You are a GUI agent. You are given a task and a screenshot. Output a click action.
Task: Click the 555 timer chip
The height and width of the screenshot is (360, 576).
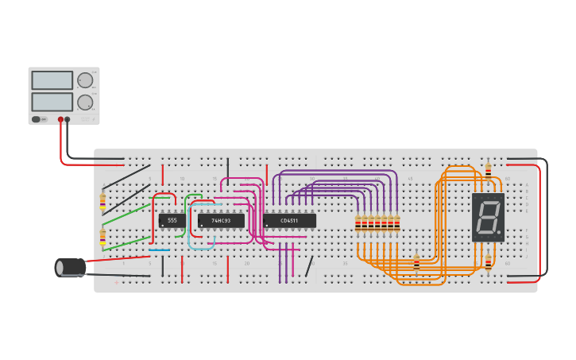[x=172, y=220]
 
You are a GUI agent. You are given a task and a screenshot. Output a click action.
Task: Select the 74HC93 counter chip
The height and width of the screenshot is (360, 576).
[x=221, y=220]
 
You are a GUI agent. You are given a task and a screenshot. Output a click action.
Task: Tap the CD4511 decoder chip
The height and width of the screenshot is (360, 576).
[x=289, y=220]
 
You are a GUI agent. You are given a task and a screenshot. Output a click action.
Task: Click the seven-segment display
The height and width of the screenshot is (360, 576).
[x=488, y=217]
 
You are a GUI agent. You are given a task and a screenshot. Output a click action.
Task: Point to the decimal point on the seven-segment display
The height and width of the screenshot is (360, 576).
[x=500, y=233]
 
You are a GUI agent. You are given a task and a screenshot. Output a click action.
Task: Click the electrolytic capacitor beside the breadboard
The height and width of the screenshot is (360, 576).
[x=71, y=267]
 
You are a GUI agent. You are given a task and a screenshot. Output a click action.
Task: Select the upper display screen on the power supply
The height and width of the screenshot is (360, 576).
[x=52, y=80]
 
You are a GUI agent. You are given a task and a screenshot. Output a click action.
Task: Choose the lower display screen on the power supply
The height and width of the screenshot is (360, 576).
[x=52, y=102]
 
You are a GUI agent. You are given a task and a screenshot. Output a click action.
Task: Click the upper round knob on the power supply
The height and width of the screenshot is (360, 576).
[x=84, y=80]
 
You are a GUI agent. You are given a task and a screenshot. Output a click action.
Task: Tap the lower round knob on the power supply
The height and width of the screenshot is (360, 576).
[x=84, y=102]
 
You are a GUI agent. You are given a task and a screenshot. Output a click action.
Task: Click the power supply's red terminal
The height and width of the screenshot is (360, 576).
[x=60, y=119]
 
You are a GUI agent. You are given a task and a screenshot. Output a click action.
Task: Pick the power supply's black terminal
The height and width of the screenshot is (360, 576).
[x=68, y=119]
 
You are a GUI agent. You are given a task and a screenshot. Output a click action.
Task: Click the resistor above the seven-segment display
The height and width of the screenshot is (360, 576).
[x=488, y=170]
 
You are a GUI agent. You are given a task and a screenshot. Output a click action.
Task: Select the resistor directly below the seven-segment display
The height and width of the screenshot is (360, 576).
[x=488, y=263]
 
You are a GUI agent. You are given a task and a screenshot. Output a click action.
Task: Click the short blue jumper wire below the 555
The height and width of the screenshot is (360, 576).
[x=159, y=250]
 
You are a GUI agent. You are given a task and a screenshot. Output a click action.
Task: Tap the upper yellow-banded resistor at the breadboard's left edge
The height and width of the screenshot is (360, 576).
[x=102, y=202]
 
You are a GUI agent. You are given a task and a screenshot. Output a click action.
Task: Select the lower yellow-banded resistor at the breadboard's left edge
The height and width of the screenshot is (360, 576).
[x=102, y=236]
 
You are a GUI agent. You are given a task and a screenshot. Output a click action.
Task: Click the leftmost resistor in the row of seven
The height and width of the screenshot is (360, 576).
[x=358, y=224]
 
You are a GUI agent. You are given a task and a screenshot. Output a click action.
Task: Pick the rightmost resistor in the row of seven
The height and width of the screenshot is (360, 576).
[x=397, y=224]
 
